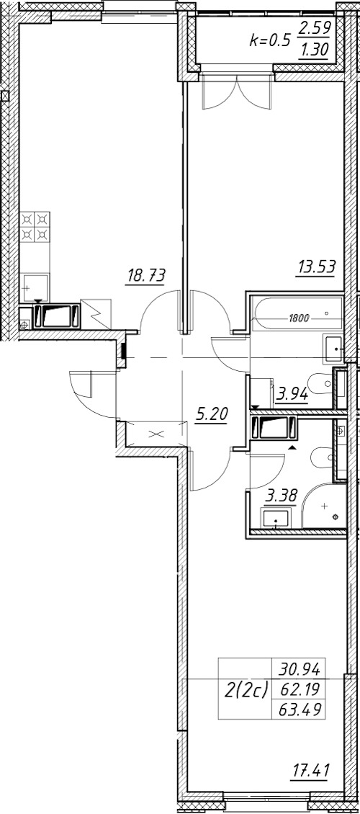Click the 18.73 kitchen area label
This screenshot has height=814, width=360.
click(145, 275)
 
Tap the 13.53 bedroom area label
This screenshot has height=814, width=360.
click(316, 268)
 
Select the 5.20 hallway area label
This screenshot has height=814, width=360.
click(212, 415)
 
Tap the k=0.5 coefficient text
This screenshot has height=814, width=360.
click(270, 42)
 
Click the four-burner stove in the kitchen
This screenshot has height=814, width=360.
click(35, 227)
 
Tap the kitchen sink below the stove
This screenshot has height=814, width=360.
click(35, 288)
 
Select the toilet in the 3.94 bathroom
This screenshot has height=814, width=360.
click(320, 384)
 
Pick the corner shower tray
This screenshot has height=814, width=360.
click(324, 506)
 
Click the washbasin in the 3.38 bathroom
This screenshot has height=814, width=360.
click(276, 518)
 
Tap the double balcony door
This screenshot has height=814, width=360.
click(237, 92)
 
